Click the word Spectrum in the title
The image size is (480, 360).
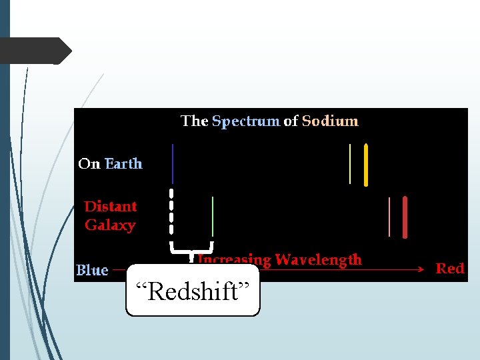point(245,121)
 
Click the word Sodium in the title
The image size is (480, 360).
point(330,121)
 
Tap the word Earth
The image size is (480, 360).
point(123,164)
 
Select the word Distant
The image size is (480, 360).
point(111,207)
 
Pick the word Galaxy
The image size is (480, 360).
point(110,225)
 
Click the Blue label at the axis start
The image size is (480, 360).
point(92,270)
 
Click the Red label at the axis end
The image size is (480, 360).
point(450,269)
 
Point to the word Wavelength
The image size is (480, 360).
point(318,259)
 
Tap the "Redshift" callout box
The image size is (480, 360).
point(193,291)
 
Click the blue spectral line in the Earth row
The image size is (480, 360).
point(173,163)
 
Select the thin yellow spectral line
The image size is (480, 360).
point(350,163)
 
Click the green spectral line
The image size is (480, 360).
point(213,217)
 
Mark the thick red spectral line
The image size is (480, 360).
point(405,217)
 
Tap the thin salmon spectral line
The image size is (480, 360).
point(389,217)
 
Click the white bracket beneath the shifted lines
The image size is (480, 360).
point(192,250)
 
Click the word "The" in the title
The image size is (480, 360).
point(195,121)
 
